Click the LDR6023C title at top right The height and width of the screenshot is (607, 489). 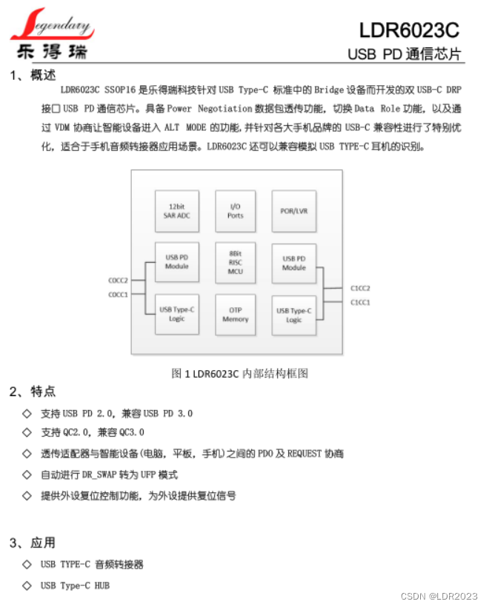click(409, 30)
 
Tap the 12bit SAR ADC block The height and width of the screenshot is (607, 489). click(177, 211)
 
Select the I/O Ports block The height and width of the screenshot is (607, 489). click(235, 211)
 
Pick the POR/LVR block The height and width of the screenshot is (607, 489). click(294, 211)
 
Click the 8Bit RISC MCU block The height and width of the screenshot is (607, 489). click(235, 262)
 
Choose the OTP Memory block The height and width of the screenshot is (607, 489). click(235, 314)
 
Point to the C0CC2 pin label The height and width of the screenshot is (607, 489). click(119, 281)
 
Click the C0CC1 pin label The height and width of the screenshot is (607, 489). click(119, 295)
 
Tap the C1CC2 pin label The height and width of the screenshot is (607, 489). click(360, 288)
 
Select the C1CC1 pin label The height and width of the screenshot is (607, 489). click(360, 302)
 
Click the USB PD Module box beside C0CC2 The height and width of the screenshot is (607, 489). click(177, 262)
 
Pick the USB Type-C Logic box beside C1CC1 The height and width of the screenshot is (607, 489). click(294, 315)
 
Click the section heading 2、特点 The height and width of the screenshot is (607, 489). click(33, 392)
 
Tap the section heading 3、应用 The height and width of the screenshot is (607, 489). click(33, 543)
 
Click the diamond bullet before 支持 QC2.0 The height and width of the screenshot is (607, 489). click(27, 432)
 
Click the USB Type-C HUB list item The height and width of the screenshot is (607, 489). click(75, 586)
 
